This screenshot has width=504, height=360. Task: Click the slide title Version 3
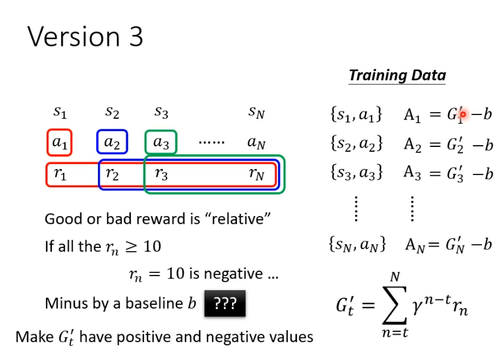tap(86, 37)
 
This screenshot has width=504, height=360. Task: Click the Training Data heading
tap(397, 76)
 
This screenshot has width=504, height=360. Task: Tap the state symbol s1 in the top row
tap(60, 113)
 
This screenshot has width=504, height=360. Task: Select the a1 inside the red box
tap(60, 143)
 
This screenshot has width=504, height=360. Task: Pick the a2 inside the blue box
tap(111, 143)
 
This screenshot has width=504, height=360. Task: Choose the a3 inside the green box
tap(161, 143)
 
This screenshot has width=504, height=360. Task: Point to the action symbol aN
tap(257, 143)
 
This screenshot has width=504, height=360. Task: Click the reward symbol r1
tap(60, 174)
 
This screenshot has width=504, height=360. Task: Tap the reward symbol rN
tap(257, 174)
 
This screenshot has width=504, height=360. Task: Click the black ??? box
tap(225, 304)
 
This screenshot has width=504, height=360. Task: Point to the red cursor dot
tap(463, 114)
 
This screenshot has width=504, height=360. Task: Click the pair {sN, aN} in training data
tap(357, 245)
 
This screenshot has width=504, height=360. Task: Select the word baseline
tap(154, 304)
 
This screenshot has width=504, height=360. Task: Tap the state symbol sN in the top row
tap(257, 113)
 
